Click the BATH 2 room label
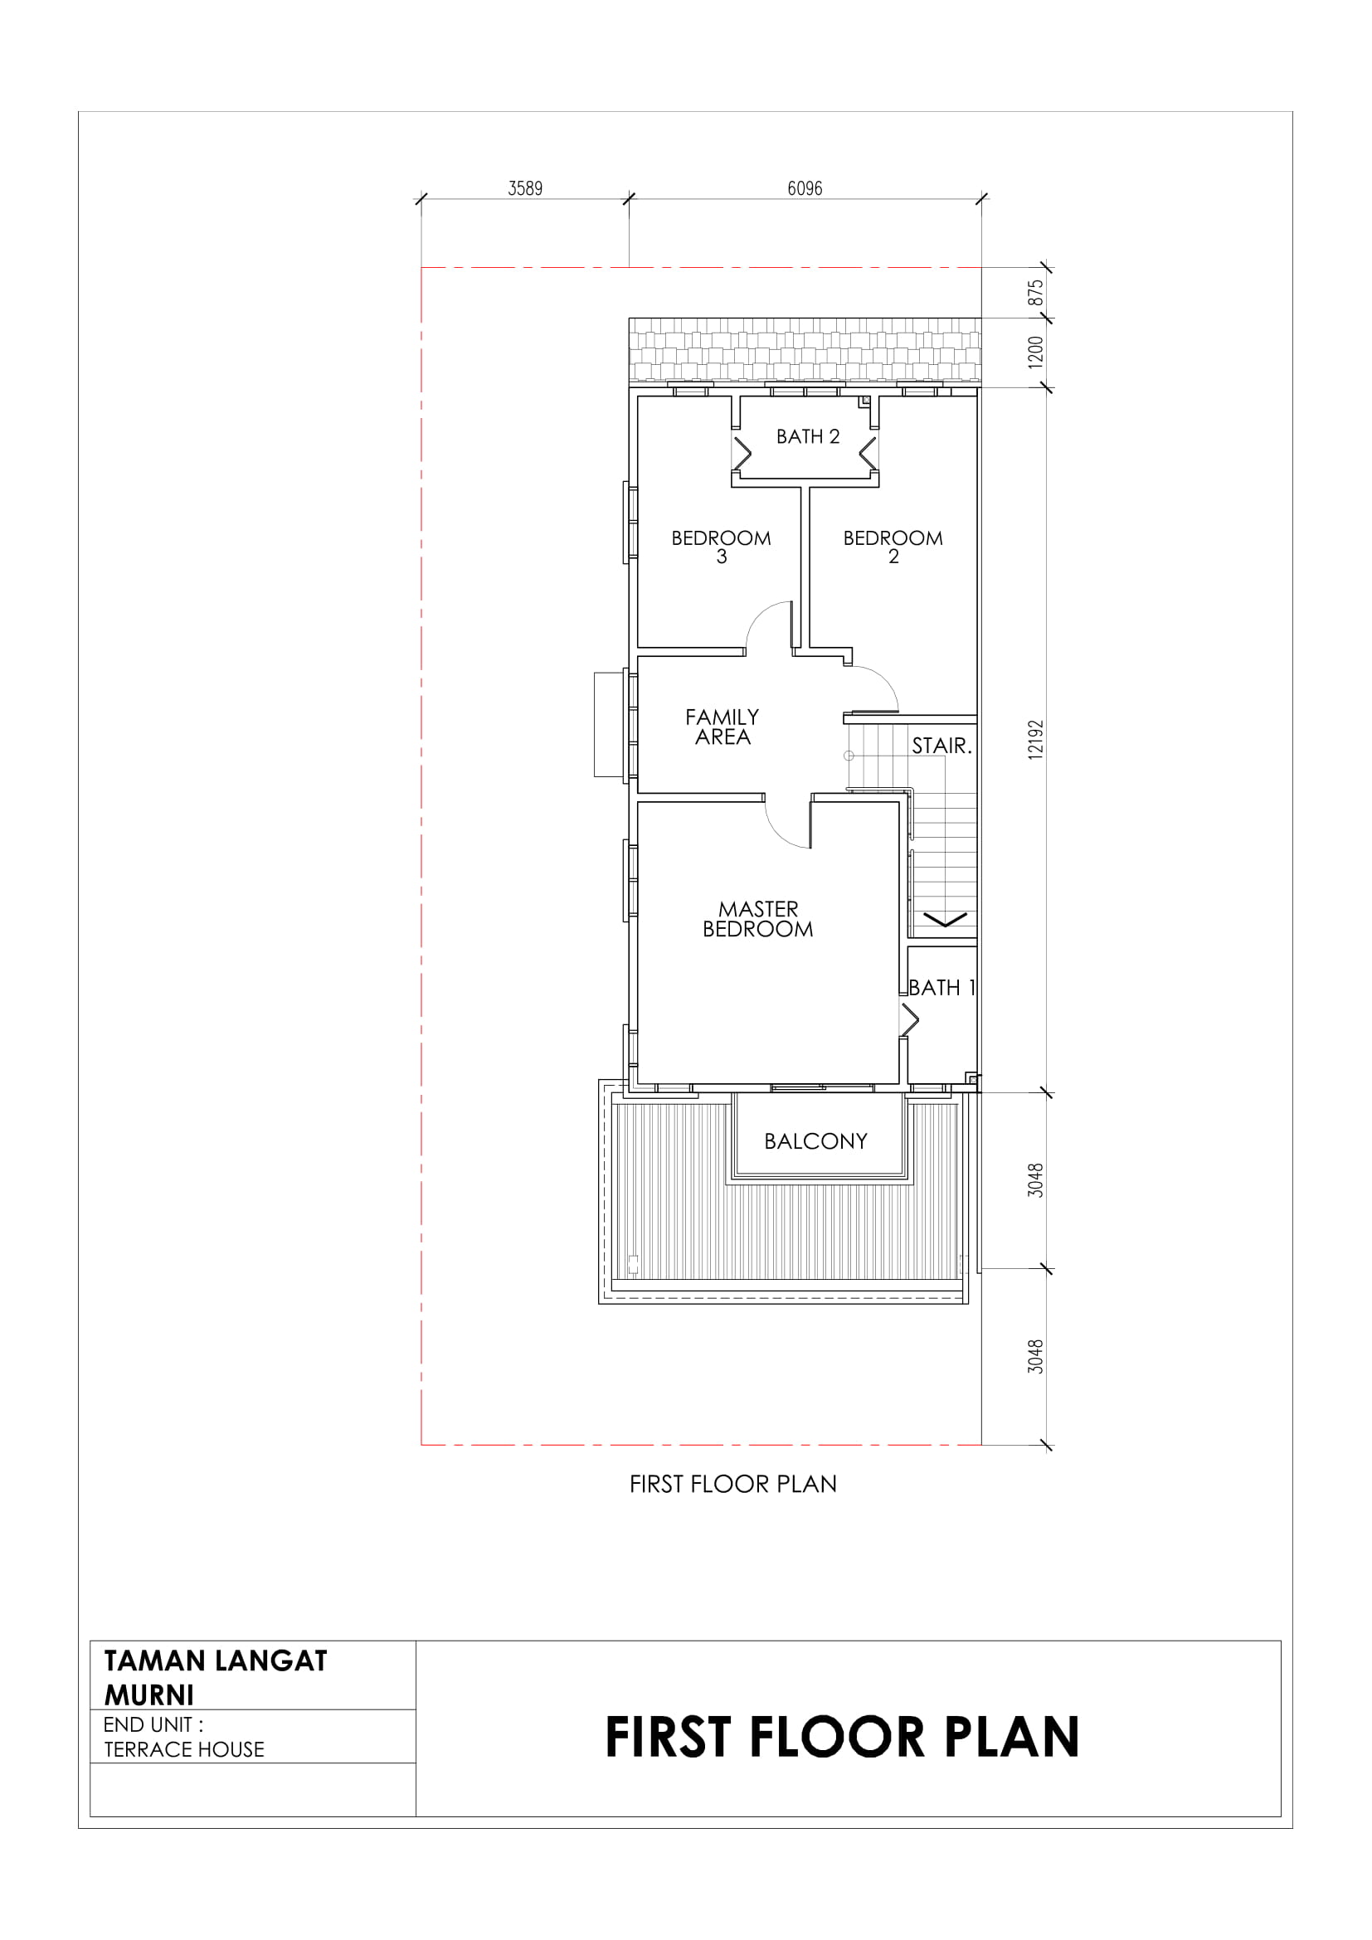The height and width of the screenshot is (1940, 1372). [808, 437]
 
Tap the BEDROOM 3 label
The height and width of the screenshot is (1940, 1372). [721, 547]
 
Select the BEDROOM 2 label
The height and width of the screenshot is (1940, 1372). [893, 547]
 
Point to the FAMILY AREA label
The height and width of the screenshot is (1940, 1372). [722, 727]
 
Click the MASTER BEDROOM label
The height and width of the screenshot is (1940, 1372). [758, 919]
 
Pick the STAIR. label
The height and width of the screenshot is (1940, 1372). [942, 746]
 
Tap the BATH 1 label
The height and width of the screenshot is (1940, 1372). [942, 988]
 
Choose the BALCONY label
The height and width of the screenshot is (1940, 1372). [815, 1141]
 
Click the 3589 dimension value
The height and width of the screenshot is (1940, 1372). [524, 188]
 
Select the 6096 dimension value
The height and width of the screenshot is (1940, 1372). [805, 188]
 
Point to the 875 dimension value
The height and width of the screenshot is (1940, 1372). [1036, 293]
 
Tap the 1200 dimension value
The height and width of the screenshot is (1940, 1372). [1036, 353]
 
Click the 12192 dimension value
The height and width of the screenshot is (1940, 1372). [1036, 739]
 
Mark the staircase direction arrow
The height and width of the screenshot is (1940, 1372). [945, 919]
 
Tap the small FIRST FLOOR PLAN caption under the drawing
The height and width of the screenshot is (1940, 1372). [732, 1485]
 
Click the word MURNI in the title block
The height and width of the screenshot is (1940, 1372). [148, 1695]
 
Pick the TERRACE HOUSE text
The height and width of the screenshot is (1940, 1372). [184, 1750]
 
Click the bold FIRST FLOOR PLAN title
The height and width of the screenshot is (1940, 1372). [842, 1738]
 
